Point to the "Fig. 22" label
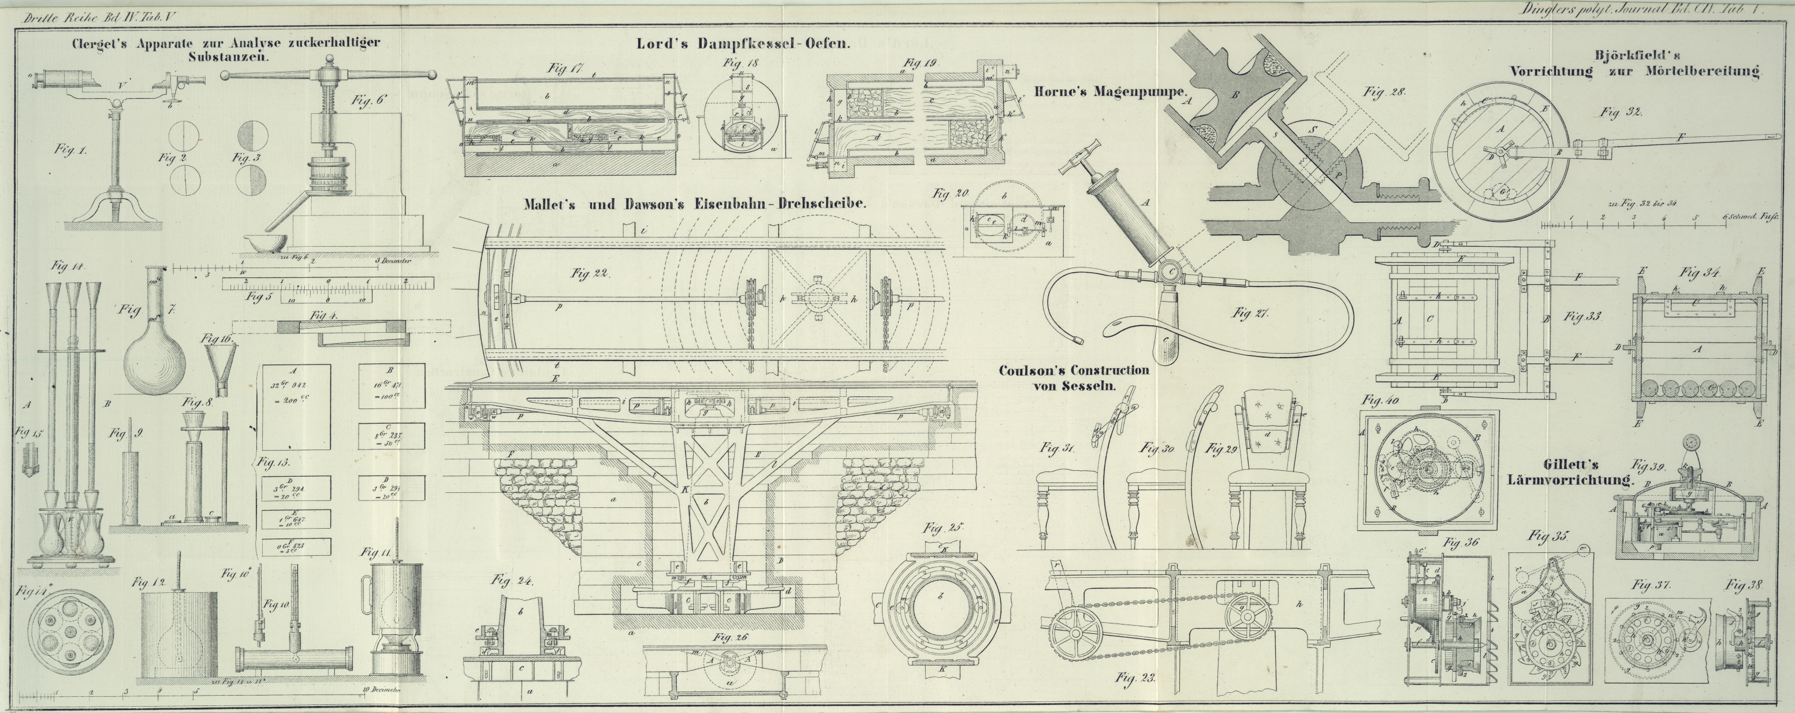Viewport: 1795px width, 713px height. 590,274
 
